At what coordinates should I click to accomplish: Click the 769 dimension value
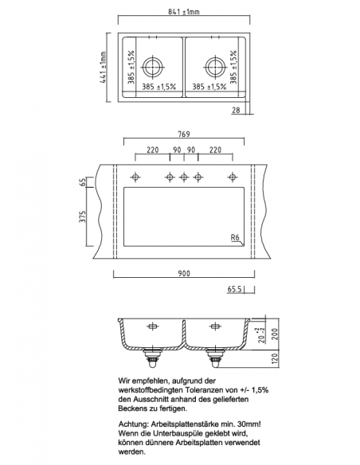click(182, 135)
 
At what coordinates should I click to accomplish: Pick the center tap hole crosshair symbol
click(183, 176)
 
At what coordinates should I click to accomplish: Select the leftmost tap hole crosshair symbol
click(135, 176)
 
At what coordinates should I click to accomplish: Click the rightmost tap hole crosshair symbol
click(232, 176)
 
